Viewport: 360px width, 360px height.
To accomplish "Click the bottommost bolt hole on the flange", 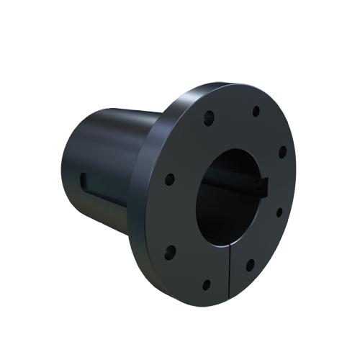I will [207, 285].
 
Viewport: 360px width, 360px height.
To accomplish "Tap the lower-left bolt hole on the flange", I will [171, 251].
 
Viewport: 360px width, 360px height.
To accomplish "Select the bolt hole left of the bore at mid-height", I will [170, 178].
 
